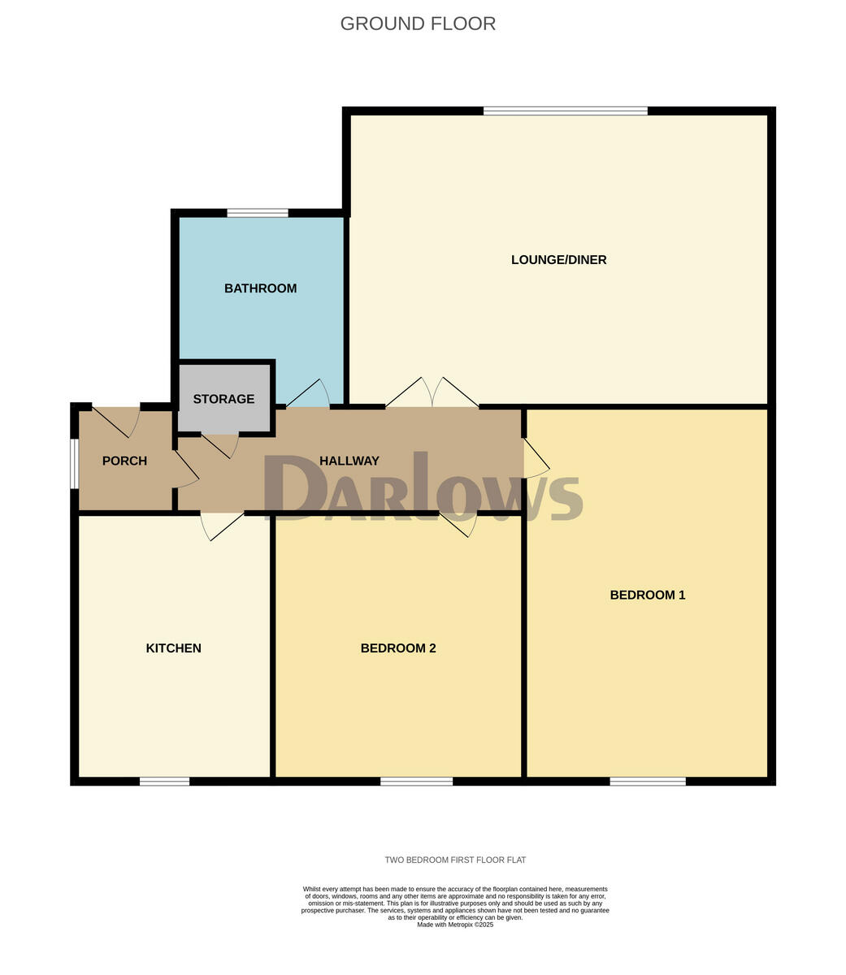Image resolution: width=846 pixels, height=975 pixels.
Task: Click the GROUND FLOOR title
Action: pos(418,24)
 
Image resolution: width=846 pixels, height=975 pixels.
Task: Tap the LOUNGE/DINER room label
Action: pos(558,260)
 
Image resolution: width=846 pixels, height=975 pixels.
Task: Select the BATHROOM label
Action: pos(260,288)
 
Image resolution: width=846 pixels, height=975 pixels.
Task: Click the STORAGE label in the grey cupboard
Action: pos(223,399)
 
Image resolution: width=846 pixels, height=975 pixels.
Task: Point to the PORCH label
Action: pos(124,461)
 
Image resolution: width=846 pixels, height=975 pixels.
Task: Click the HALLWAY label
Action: pos(349,461)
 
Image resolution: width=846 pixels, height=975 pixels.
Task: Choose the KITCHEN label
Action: pos(173,648)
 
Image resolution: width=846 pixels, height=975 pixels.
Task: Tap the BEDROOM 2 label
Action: pos(398,648)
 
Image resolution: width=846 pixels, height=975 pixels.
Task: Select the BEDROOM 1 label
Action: pos(647,595)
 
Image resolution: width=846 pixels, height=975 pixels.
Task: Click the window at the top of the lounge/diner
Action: pos(565,110)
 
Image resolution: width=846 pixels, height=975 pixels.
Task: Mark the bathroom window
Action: pos(258,213)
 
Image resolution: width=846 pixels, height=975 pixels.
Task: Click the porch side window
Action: pos(74,464)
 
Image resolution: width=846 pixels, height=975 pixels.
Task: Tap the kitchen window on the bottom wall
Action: pos(164,782)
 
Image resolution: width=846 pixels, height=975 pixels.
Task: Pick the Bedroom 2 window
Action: pos(416,782)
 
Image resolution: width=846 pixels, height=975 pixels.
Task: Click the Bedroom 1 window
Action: pos(648,782)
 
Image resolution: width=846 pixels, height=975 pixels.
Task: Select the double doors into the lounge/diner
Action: pos(432,393)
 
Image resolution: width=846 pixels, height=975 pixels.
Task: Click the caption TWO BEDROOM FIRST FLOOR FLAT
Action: pos(455,860)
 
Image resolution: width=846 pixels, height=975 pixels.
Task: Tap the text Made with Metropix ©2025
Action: pos(455,925)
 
